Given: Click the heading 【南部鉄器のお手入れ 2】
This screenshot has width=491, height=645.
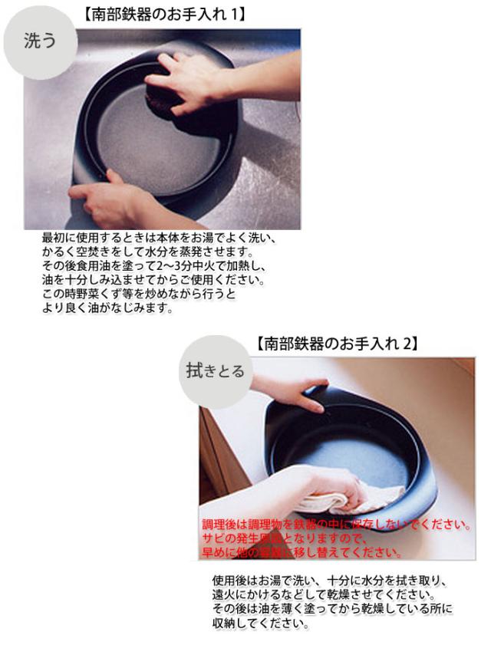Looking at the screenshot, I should click(x=338, y=344).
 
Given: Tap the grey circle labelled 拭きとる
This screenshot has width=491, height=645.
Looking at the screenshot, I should click(x=215, y=371).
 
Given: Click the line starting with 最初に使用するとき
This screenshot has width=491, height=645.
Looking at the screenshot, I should click(x=158, y=239).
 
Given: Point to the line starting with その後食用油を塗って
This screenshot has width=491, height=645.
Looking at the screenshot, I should click(x=153, y=266).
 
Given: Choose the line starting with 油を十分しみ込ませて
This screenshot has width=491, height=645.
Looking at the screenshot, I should click(x=153, y=280).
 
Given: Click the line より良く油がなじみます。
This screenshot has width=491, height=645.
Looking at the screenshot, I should click(x=108, y=308).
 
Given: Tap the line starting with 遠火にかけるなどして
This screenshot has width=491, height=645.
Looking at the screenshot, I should click(x=323, y=594).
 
